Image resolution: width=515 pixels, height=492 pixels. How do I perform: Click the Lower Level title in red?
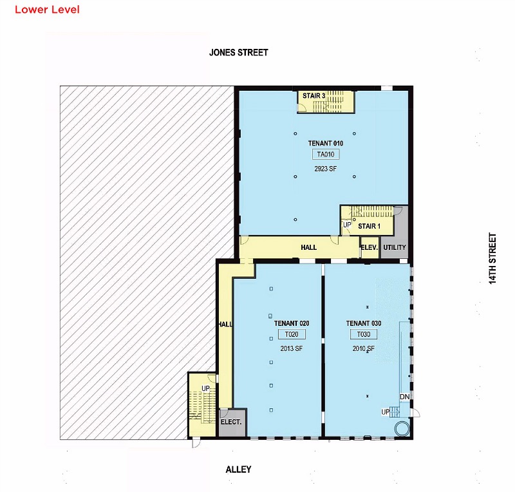(x=47, y=9)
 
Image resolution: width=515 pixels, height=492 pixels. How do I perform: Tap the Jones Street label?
(x=239, y=53)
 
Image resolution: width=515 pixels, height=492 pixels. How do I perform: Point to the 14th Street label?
(x=492, y=258)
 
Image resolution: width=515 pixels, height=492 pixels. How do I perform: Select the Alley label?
(x=238, y=469)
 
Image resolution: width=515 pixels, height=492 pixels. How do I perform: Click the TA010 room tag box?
(x=326, y=154)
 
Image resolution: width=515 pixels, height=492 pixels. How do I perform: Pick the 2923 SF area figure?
(x=326, y=169)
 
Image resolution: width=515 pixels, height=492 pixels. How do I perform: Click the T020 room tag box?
(x=292, y=334)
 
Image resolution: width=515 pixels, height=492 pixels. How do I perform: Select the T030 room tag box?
(x=364, y=334)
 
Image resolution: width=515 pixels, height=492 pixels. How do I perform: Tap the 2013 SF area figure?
(x=292, y=348)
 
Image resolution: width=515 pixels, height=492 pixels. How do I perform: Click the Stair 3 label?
(x=314, y=96)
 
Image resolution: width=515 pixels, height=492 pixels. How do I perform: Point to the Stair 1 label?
(x=369, y=226)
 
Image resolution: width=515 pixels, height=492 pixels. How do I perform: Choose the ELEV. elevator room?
(x=370, y=247)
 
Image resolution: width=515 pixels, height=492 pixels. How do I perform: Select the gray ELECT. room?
(x=232, y=422)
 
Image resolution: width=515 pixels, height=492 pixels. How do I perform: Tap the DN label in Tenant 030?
(x=405, y=397)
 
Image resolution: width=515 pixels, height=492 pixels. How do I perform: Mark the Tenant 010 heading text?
(x=326, y=144)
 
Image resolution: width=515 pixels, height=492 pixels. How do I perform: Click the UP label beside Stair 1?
(x=347, y=225)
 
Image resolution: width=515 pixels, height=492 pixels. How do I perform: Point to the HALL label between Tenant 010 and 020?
(x=309, y=247)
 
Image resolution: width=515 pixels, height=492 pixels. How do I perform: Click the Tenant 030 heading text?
(x=364, y=323)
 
